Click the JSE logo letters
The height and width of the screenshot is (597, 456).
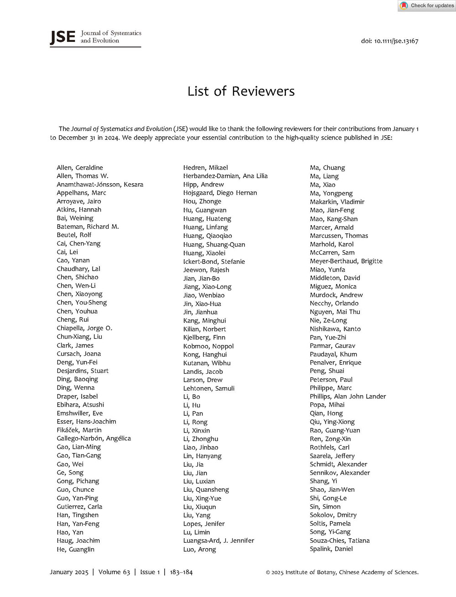pyautogui.click(x=62, y=37)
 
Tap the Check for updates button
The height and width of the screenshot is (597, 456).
pyautogui.click(x=427, y=5)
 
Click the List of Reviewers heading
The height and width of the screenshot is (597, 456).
pyautogui.click(x=241, y=91)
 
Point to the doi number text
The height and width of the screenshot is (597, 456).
pyautogui.click(x=389, y=41)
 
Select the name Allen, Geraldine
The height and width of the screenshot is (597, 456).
pyautogui.click(x=80, y=168)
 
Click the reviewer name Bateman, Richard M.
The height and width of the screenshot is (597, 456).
pyautogui.click(x=88, y=226)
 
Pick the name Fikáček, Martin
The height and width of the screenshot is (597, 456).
pyautogui.click(x=79, y=430)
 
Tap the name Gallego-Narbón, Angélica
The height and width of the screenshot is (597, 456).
pyautogui.click(x=93, y=438)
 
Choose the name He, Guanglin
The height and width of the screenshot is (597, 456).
pyautogui.click(x=76, y=549)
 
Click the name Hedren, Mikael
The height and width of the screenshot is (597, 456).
pyautogui.click(x=206, y=168)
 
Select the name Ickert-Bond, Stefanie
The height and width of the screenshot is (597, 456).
pyautogui.click(x=214, y=262)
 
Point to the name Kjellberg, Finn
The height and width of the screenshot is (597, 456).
pyautogui.click(x=204, y=337)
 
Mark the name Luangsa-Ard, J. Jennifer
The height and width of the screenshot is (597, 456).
pyautogui.click(x=218, y=540)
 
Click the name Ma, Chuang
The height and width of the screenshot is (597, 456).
pyautogui.click(x=327, y=168)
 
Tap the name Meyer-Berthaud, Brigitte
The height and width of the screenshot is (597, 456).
pyautogui.click(x=346, y=261)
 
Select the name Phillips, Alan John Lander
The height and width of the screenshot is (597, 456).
pyautogui.click(x=348, y=396)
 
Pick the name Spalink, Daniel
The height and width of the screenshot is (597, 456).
pyautogui.click(x=331, y=549)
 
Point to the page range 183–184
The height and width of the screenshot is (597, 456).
pyautogui.click(x=181, y=572)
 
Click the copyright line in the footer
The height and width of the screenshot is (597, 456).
pyautogui.click(x=342, y=572)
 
